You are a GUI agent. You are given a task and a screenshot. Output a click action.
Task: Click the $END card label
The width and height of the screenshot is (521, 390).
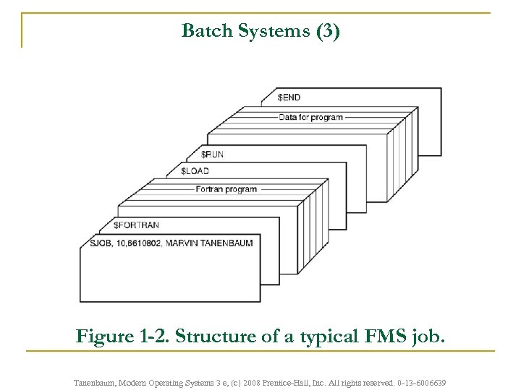(x=289, y=97)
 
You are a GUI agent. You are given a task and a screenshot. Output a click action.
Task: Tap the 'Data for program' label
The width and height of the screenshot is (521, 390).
(x=310, y=117)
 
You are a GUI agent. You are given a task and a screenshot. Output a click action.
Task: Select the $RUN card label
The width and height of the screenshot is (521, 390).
(x=212, y=154)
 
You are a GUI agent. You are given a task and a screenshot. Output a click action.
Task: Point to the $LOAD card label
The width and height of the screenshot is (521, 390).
(x=194, y=171)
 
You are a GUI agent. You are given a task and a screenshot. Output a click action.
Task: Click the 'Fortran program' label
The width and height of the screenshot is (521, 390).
(x=226, y=189)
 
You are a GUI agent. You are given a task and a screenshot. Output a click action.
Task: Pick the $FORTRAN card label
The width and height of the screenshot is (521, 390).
(x=136, y=225)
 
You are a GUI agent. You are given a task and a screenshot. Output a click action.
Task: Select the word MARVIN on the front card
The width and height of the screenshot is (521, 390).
(x=180, y=243)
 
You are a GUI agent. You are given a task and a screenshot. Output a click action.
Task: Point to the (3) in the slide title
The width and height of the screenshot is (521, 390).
(x=325, y=31)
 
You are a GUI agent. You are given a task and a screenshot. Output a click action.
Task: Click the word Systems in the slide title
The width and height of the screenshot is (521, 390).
(x=270, y=31)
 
